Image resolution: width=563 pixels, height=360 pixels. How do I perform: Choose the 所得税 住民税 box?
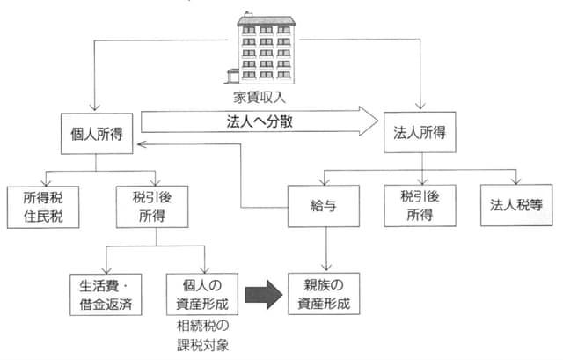(40, 206)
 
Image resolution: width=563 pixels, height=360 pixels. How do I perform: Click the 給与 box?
(325, 206)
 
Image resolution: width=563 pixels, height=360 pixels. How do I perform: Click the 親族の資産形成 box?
(325, 294)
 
